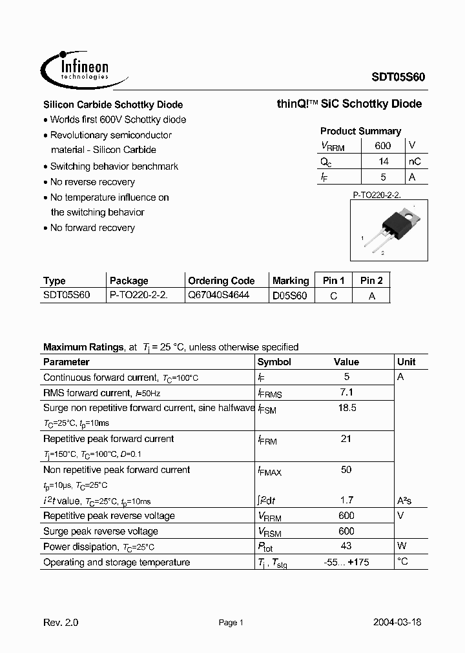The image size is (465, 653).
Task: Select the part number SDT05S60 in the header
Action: pos(397,75)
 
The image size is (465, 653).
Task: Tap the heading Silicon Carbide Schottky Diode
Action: pos(112,105)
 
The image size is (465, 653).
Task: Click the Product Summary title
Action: pos(360,131)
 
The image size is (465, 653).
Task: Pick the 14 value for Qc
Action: pos(383,162)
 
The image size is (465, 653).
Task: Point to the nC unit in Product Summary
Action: pos(415,162)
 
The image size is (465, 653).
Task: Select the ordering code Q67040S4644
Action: pos(218,296)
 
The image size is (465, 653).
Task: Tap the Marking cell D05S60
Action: pos(290,296)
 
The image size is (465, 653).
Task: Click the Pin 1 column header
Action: pos(333,281)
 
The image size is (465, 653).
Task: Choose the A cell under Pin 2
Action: pos(371,296)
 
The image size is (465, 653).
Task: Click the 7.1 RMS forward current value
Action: pos(346,392)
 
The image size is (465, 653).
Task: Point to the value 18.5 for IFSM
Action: pos(346,408)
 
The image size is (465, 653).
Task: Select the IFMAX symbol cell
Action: pos(270,471)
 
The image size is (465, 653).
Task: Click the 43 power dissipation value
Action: pos(346,547)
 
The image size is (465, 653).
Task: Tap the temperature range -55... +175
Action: pos(346,562)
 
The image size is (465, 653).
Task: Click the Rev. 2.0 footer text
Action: pos(61,623)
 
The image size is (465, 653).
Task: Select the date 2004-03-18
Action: pos(397,623)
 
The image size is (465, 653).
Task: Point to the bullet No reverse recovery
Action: pos(92,182)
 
